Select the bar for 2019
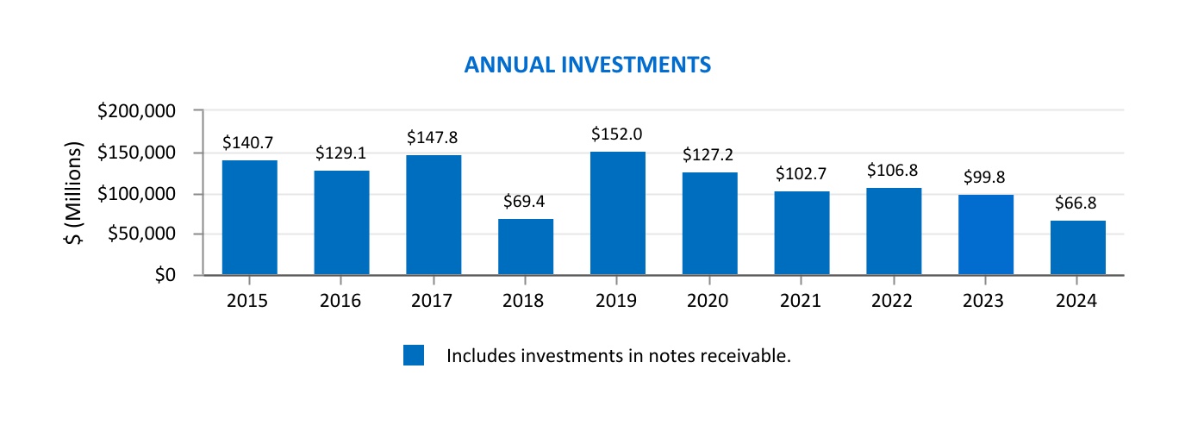(x=618, y=214)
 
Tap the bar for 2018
(x=526, y=247)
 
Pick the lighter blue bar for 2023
(x=986, y=235)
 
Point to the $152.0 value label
(x=617, y=134)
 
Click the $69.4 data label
(x=525, y=203)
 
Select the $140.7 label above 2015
(x=249, y=143)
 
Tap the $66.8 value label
(x=1077, y=203)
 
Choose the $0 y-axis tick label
(x=161, y=275)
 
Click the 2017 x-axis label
(x=433, y=301)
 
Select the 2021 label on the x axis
(x=802, y=301)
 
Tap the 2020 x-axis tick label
(x=709, y=301)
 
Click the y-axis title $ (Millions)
(x=75, y=192)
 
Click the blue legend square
(x=414, y=355)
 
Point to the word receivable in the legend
(x=747, y=355)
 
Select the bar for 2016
(x=341, y=223)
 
